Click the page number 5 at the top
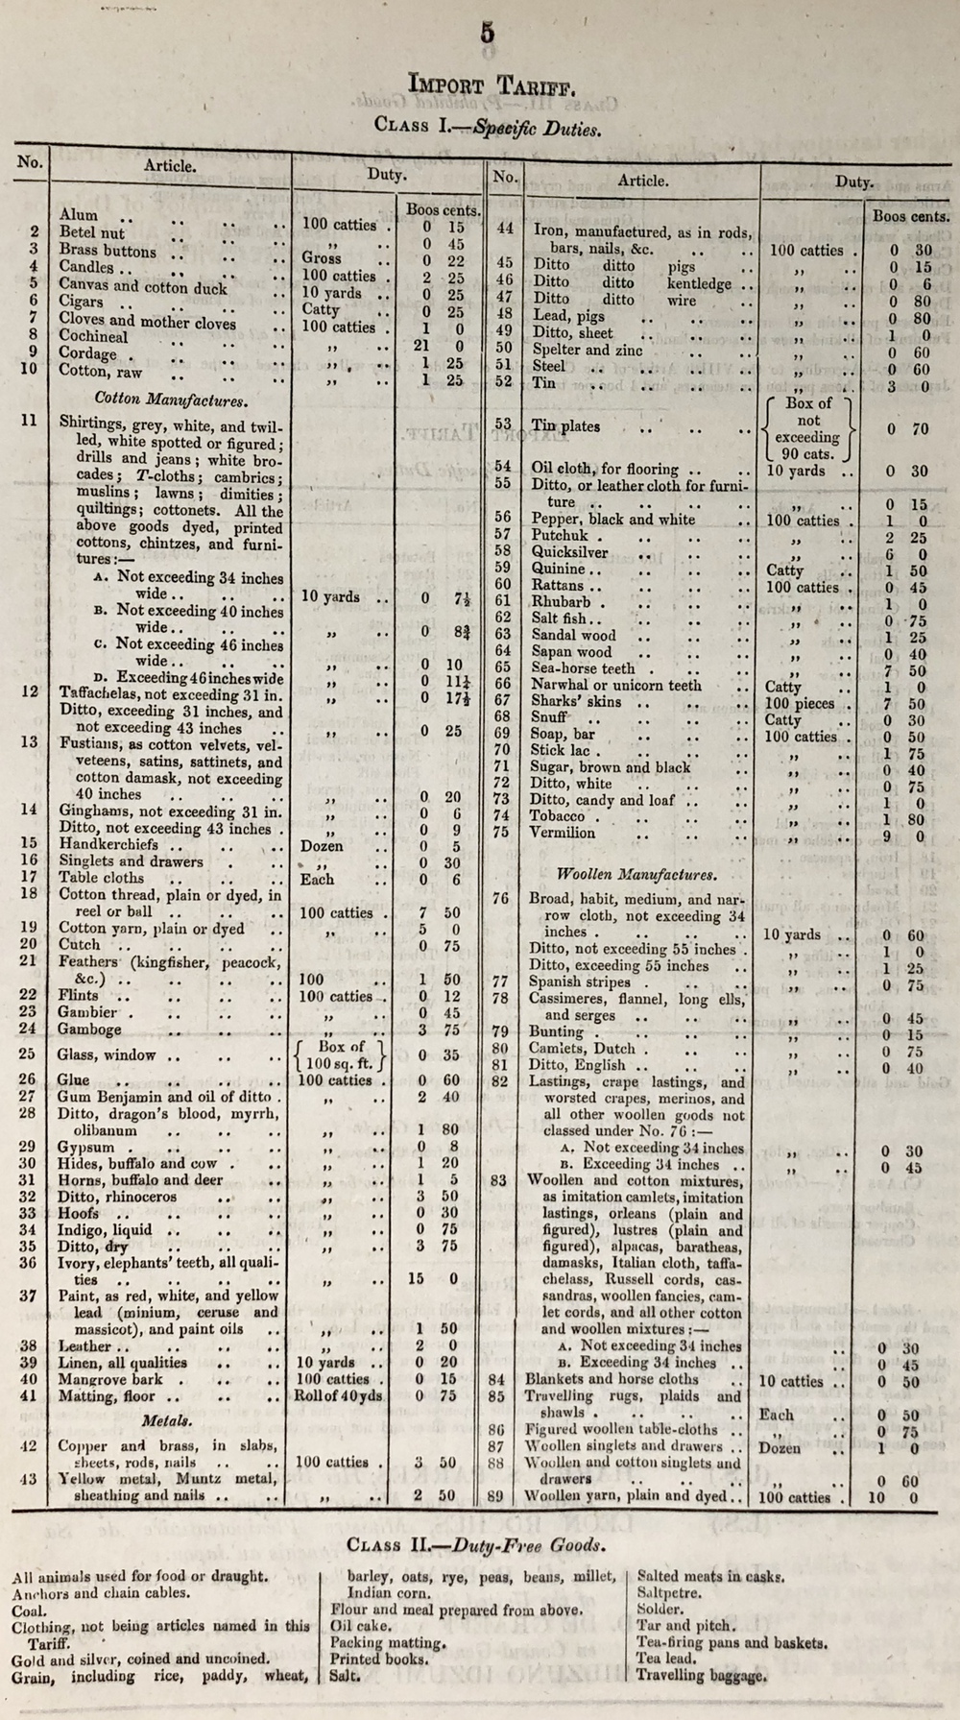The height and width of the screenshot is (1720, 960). pos(488,33)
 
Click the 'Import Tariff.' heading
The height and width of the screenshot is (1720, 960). pos(492,85)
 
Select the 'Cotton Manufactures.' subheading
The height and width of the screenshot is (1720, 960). pos(171,399)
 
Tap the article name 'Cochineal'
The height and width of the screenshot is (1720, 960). pos(93,336)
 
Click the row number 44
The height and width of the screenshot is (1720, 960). pos(505,230)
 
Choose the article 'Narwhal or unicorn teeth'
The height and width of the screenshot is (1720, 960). pos(615,686)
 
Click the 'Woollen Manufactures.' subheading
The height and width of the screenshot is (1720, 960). pos(636,875)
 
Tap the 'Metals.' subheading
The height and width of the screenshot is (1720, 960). pos(165,1419)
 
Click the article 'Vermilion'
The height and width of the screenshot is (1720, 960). pos(563,834)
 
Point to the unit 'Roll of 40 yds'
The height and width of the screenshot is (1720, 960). pos(340,1396)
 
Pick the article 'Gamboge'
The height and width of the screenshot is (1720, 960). pos(90,1029)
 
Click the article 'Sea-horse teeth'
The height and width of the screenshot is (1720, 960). pos(583,668)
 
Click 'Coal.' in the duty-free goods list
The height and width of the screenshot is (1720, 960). pos(28,1611)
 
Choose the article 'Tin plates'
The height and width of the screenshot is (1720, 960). pos(565,426)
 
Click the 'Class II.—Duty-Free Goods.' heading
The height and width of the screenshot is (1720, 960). pos(476,1545)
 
